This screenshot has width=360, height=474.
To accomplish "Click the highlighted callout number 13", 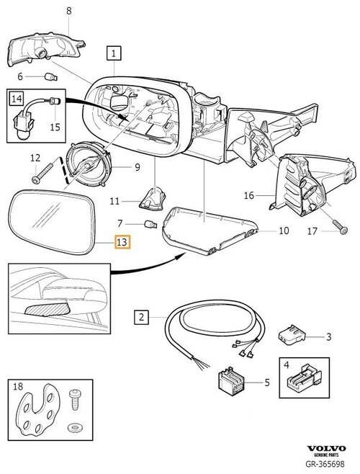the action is click(x=122, y=242).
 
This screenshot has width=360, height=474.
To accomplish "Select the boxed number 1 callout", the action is click(x=114, y=53).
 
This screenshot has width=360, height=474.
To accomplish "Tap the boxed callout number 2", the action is click(x=141, y=317).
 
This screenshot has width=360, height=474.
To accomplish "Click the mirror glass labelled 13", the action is click(x=52, y=221).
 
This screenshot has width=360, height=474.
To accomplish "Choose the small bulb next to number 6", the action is click(x=50, y=77).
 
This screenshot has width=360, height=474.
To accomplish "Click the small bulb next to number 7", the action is click(x=150, y=224).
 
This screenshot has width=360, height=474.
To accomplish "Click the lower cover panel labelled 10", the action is click(x=209, y=230).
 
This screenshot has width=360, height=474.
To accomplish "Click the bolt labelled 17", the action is click(x=341, y=227).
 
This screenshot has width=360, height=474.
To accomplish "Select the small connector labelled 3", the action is click(x=292, y=335).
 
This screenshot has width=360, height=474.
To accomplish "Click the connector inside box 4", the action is click(x=304, y=380).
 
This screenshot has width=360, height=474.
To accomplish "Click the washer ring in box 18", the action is click(x=73, y=427).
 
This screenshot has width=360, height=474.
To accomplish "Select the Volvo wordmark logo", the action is click(x=326, y=448).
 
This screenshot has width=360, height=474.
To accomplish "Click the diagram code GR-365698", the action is click(x=325, y=463).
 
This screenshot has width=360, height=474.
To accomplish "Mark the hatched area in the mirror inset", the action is click(x=48, y=309).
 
